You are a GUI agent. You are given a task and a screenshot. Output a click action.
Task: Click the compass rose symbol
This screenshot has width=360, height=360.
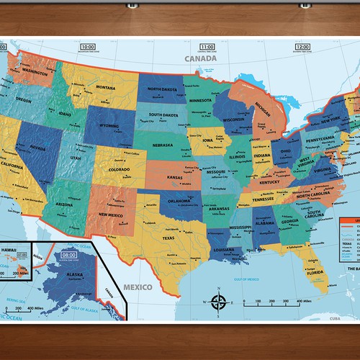221,303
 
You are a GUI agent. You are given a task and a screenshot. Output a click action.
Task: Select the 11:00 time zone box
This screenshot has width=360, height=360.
207,46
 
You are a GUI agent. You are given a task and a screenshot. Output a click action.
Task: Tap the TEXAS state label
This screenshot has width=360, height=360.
169,217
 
